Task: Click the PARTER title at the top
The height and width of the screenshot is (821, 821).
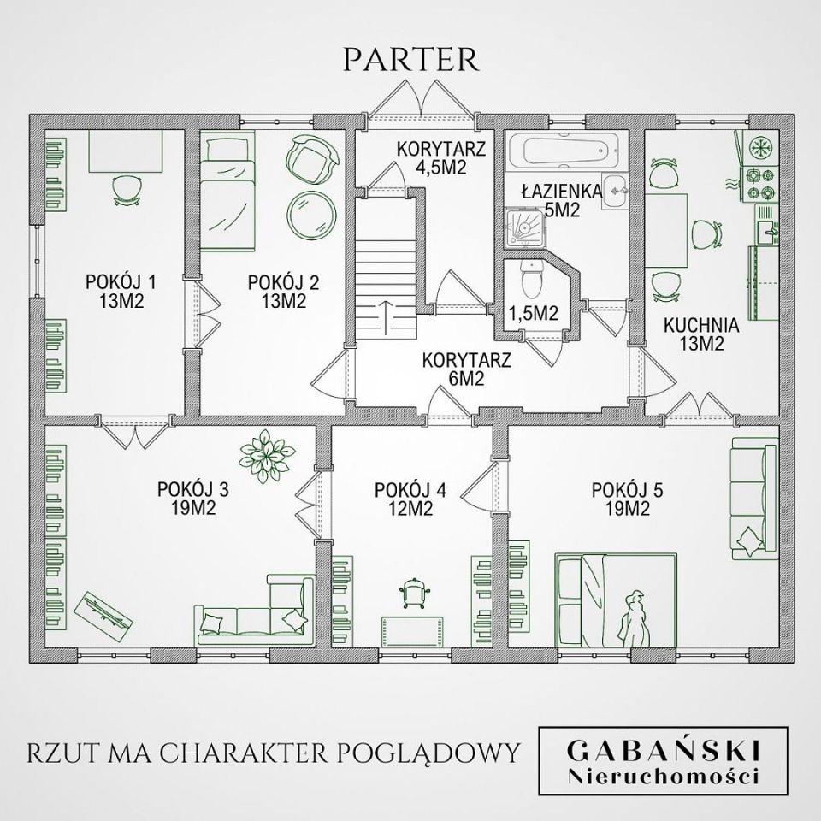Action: pyautogui.click(x=410, y=60)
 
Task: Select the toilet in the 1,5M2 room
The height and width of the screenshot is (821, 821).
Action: pyautogui.click(x=531, y=278)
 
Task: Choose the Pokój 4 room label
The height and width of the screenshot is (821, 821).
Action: pyautogui.click(x=410, y=499)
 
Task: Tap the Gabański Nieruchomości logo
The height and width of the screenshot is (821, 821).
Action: pyautogui.click(x=664, y=761)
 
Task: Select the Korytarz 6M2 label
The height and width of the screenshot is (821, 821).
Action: pyautogui.click(x=467, y=369)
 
